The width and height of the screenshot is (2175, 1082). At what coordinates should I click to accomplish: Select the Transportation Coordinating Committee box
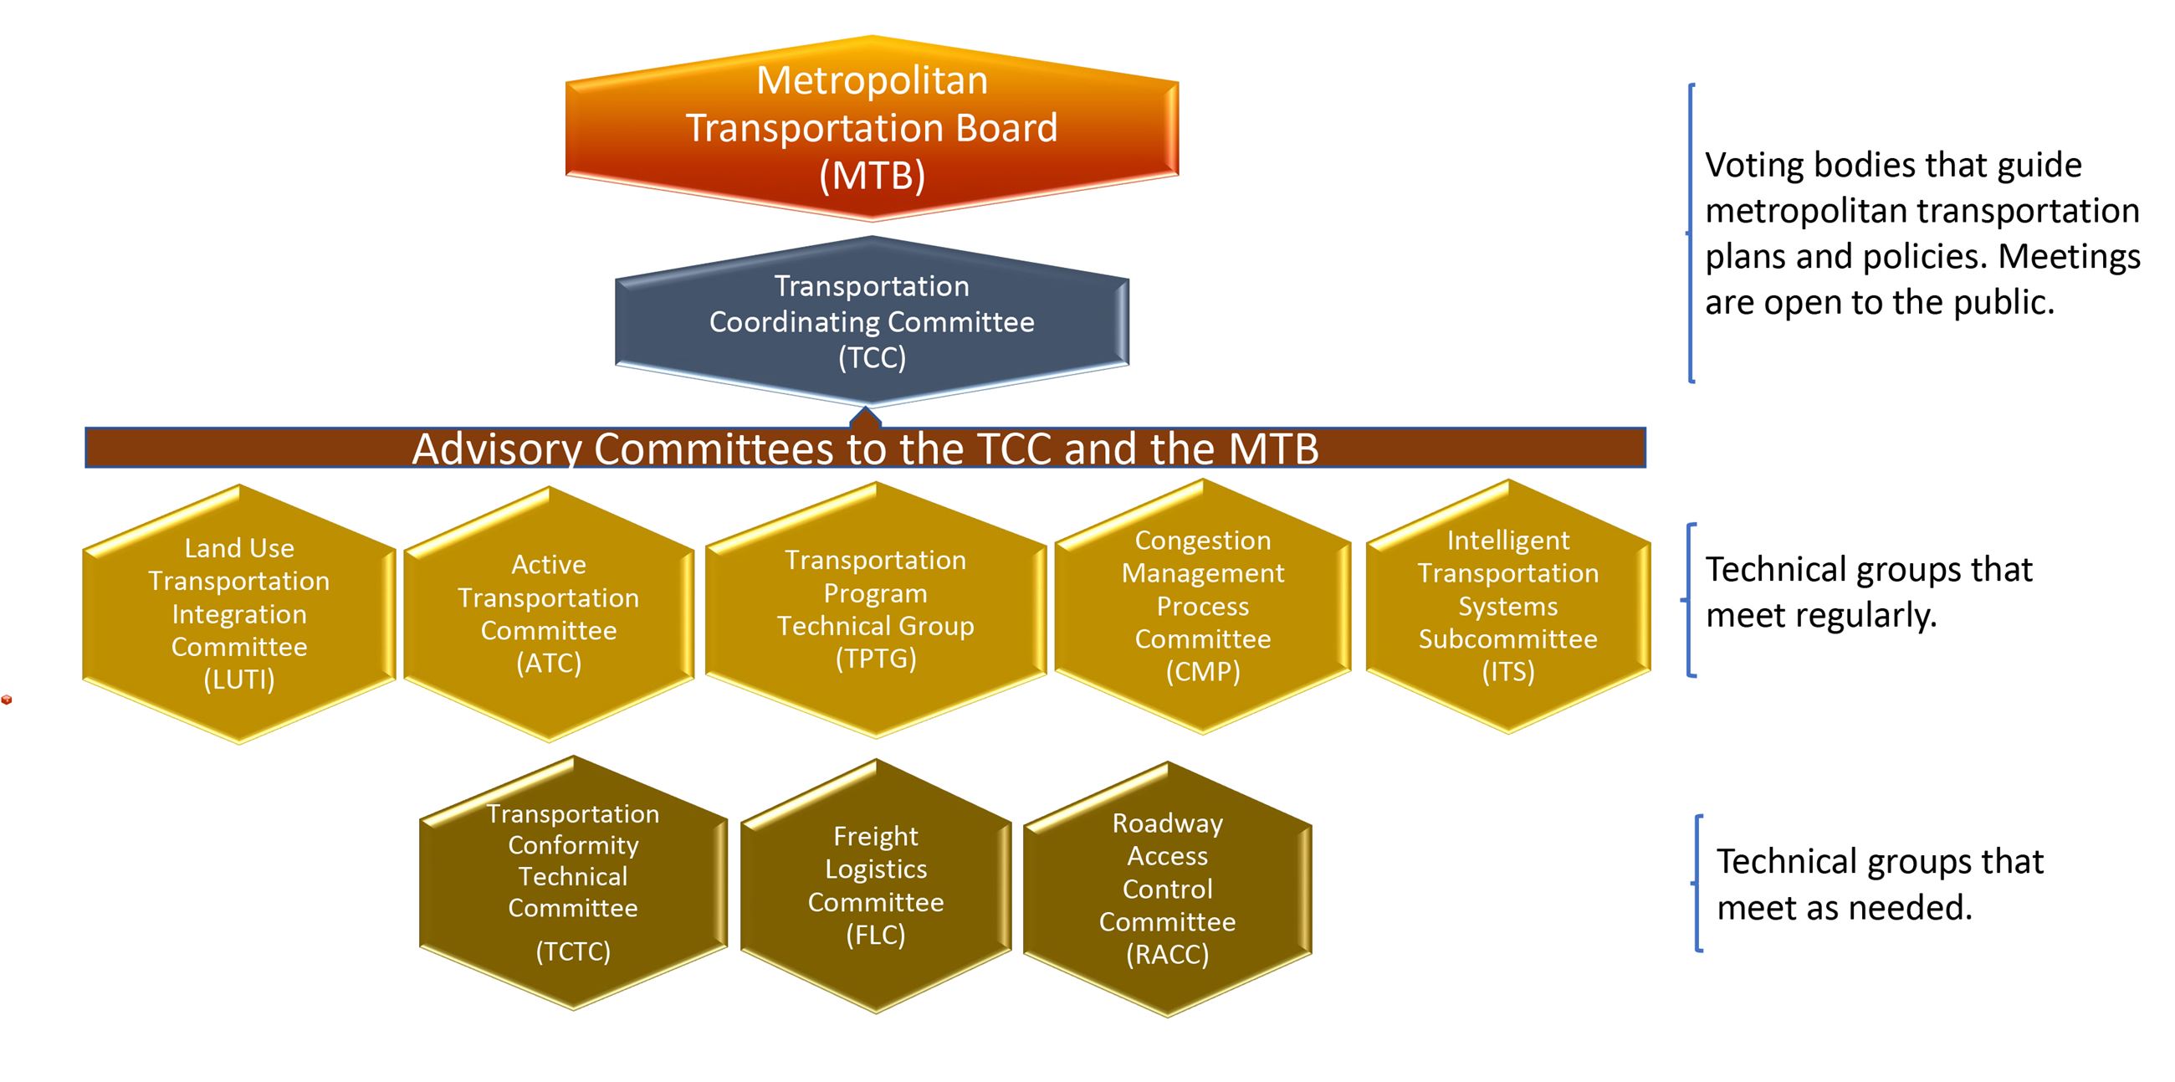872,321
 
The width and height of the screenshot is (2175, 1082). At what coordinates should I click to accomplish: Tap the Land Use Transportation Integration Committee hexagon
239,614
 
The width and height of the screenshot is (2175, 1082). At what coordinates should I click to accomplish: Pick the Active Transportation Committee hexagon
549,614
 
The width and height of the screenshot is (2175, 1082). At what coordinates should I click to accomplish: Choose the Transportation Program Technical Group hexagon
876,609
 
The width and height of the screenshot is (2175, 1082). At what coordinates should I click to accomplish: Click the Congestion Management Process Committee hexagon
1202,606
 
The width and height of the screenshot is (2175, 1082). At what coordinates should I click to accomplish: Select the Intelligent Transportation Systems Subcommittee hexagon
1508,606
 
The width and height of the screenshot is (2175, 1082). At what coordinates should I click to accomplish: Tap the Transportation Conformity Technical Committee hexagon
573,882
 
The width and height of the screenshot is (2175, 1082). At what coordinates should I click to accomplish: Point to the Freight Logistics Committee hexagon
876,885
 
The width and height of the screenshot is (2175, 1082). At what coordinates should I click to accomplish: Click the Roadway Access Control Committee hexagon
1167,889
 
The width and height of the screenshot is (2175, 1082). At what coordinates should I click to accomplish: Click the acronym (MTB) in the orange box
872,176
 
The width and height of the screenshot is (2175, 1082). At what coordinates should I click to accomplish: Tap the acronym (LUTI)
239,680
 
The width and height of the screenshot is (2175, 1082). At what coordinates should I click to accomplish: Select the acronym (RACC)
1167,955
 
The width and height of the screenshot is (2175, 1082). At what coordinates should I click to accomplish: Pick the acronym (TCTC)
573,952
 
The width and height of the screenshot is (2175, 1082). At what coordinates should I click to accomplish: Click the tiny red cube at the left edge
7,700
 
